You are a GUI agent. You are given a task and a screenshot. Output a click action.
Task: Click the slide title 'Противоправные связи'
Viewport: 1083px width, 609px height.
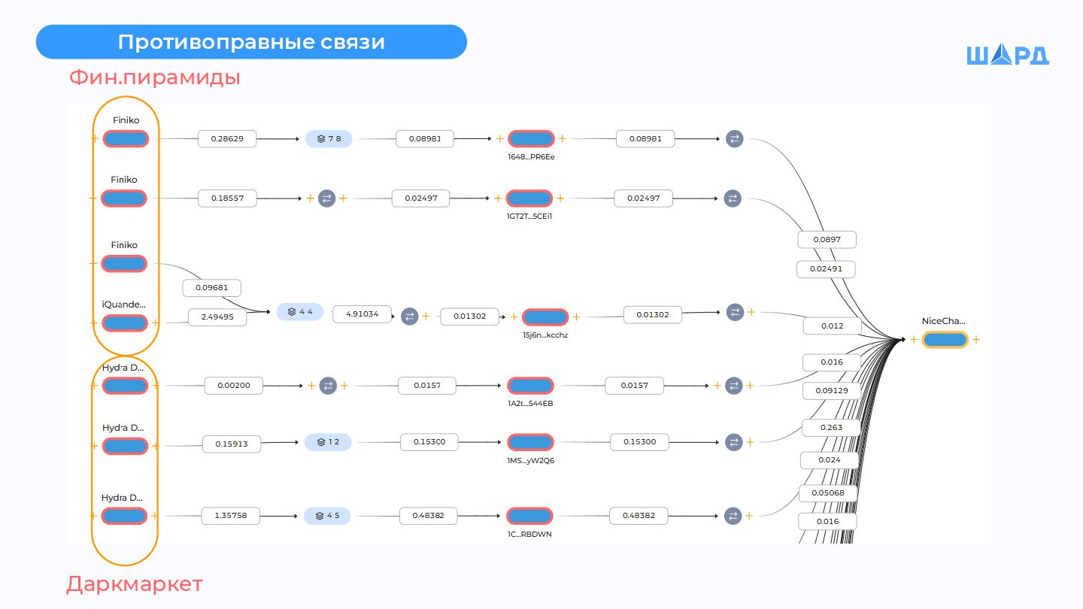[x=251, y=42]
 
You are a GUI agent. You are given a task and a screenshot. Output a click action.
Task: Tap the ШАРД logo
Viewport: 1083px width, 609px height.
[x=1007, y=56]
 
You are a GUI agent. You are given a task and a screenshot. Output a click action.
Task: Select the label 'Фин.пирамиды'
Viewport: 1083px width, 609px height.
[x=155, y=77]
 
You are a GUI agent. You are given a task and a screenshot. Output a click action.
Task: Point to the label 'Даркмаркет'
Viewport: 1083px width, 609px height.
[x=135, y=584]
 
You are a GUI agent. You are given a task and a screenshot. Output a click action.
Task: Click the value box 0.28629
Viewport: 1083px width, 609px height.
[x=227, y=139]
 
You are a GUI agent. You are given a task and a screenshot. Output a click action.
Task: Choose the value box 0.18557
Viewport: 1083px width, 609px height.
[x=227, y=198]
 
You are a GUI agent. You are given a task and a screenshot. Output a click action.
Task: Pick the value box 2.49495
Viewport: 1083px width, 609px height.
[x=217, y=317]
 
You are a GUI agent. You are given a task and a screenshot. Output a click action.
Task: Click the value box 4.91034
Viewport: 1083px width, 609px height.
[x=362, y=314]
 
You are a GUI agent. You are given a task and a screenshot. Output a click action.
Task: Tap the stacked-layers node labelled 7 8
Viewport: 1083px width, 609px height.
[x=329, y=139]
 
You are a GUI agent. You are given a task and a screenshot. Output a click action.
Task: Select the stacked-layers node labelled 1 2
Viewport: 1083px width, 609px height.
[x=328, y=442]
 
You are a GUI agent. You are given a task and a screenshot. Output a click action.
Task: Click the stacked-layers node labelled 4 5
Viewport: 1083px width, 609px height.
[x=327, y=516]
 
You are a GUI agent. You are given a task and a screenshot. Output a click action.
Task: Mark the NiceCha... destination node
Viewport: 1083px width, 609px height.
[x=945, y=340]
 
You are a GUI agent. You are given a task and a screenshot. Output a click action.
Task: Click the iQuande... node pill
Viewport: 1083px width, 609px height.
[x=126, y=323]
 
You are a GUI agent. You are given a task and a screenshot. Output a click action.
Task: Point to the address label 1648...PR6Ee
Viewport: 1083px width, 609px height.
[x=531, y=157]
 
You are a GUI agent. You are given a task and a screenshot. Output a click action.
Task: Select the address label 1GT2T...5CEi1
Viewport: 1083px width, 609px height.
[x=529, y=217]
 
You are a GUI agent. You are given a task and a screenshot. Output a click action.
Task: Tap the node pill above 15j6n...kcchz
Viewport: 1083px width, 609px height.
[x=545, y=317]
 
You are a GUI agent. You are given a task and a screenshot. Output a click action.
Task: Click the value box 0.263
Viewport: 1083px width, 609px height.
[x=831, y=428]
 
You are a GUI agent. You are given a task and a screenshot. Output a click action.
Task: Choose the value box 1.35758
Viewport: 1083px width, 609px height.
[x=230, y=516]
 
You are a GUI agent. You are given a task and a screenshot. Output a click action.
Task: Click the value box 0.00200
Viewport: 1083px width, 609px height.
[x=233, y=386]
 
